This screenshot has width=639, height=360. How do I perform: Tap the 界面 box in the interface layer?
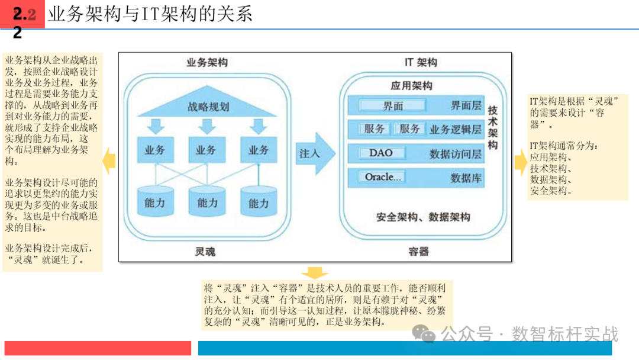[393, 106]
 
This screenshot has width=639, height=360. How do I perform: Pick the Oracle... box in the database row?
[383, 177]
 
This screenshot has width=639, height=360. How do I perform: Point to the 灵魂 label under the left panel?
[205, 252]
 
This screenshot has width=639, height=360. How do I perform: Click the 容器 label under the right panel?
[418, 252]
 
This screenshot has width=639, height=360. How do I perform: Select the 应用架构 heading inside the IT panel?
[411, 86]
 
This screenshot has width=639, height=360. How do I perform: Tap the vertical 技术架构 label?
[492, 128]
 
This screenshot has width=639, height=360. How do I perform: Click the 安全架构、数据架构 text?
[423, 217]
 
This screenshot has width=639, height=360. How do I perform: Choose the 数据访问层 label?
[456, 154]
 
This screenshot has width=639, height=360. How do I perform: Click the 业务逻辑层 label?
[456, 130]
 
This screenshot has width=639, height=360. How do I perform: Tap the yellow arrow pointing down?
[315, 273]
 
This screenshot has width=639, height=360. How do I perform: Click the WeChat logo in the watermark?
[424, 335]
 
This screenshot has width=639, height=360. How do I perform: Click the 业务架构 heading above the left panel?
[206, 63]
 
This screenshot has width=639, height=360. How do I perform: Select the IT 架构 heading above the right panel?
[421, 63]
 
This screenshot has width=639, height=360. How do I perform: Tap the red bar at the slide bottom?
[98, 348]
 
